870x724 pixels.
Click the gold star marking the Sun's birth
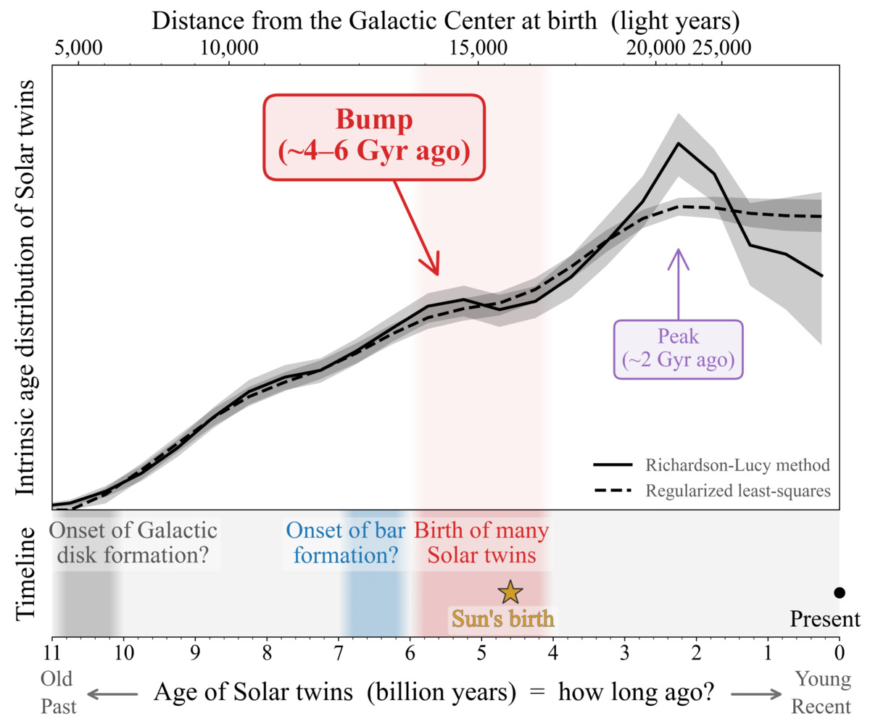(x=510, y=592)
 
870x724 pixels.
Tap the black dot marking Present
(x=840, y=592)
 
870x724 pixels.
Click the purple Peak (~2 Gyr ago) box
(x=679, y=349)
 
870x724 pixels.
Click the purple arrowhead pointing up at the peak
(x=679, y=254)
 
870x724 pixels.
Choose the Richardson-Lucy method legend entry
(x=711, y=464)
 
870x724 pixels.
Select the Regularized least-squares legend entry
(x=711, y=491)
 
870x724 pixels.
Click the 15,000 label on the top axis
(x=478, y=49)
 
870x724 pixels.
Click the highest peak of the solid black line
(x=679, y=143)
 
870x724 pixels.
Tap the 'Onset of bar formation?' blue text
(x=342, y=543)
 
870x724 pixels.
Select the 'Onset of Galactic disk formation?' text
(x=133, y=543)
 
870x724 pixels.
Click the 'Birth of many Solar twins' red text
(x=481, y=543)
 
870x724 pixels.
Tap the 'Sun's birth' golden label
(x=503, y=620)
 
